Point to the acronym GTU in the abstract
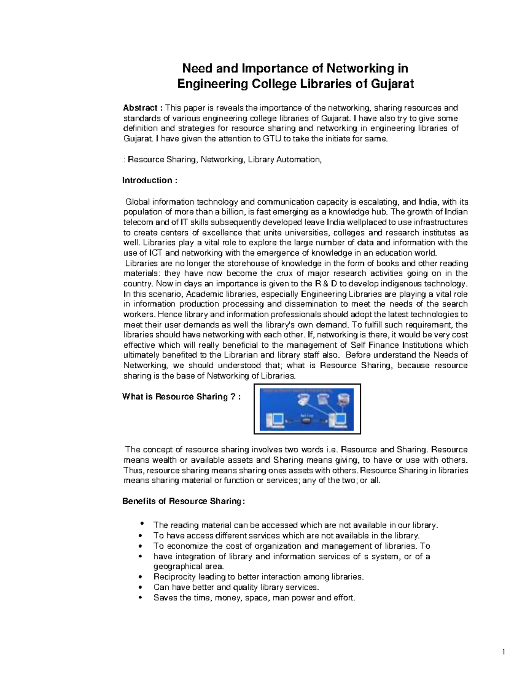(272, 139)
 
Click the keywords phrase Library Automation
(284, 160)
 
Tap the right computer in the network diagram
(338, 419)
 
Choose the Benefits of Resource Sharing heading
(184, 501)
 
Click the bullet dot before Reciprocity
(140, 577)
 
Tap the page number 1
(503, 652)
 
